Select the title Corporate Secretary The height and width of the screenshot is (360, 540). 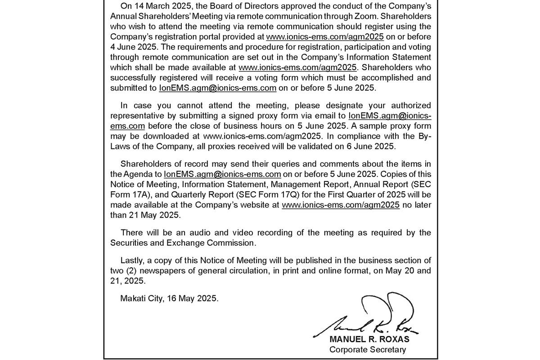coord(367,350)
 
